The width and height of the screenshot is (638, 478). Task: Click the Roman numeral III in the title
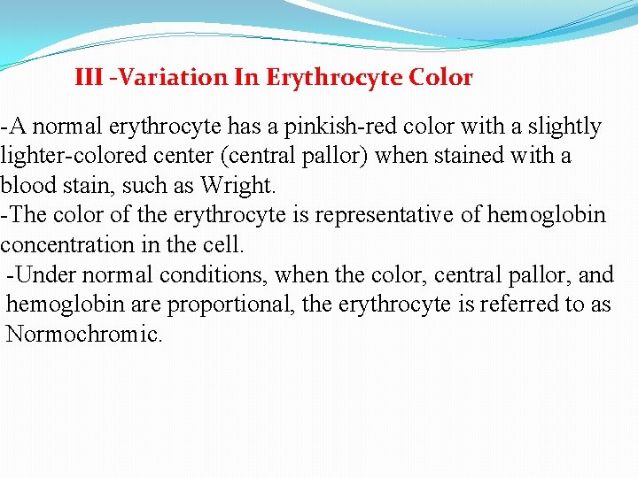tap(89, 78)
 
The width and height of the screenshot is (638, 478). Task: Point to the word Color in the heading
tap(441, 78)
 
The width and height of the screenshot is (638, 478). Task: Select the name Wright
tap(237, 186)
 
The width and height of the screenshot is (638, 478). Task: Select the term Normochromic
tap(83, 335)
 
